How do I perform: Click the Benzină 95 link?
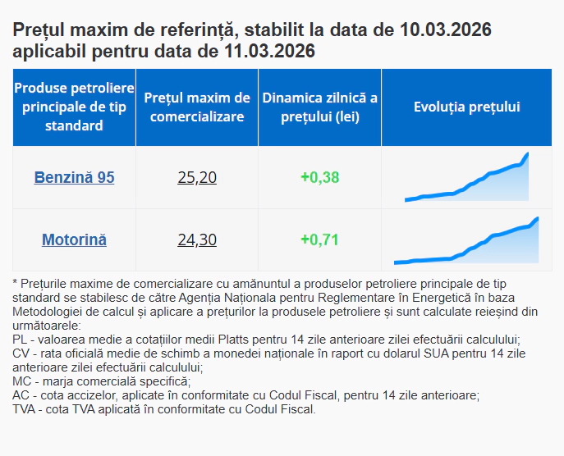(x=74, y=177)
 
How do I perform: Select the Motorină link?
(x=74, y=240)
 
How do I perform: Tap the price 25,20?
(x=197, y=177)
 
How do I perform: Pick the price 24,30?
(x=197, y=240)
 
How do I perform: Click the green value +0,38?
(x=319, y=177)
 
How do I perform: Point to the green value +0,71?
(x=319, y=240)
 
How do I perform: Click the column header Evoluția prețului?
(x=466, y=107)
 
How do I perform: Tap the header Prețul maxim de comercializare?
(x=197, y=107)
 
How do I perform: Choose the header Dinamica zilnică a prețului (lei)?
(x=319, y=107)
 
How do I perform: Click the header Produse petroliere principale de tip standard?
(x=74, y=107)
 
